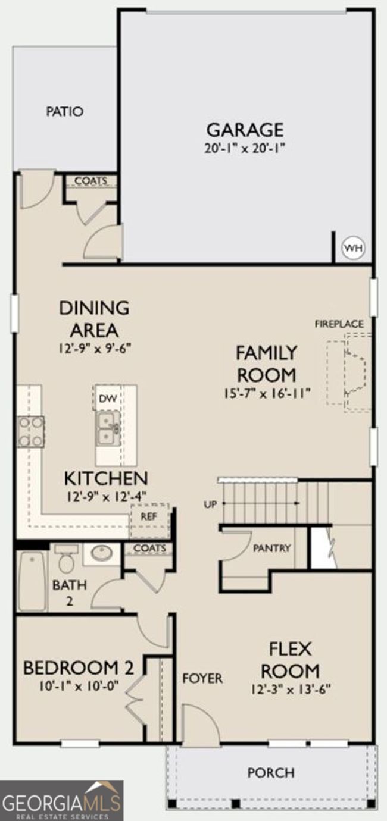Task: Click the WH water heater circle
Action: click(354, 248)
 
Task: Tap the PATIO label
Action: click(64, 111)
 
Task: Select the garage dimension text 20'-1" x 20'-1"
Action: click(245, 149)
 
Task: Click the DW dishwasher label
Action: click(108, 399)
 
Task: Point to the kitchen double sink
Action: click(108, 428)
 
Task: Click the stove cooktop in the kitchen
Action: click(31, 432)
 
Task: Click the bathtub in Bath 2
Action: click(32, 582)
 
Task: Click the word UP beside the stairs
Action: click(210, 504)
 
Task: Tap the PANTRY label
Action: click(271, 548)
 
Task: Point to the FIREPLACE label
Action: click(339, 324)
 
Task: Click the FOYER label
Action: click(202, 678)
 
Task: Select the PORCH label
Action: click(271, 773)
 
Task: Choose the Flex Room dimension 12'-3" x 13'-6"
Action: click(291, 690)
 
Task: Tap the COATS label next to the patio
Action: click(91, 181)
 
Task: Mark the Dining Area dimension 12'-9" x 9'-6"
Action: click(95, 348)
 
